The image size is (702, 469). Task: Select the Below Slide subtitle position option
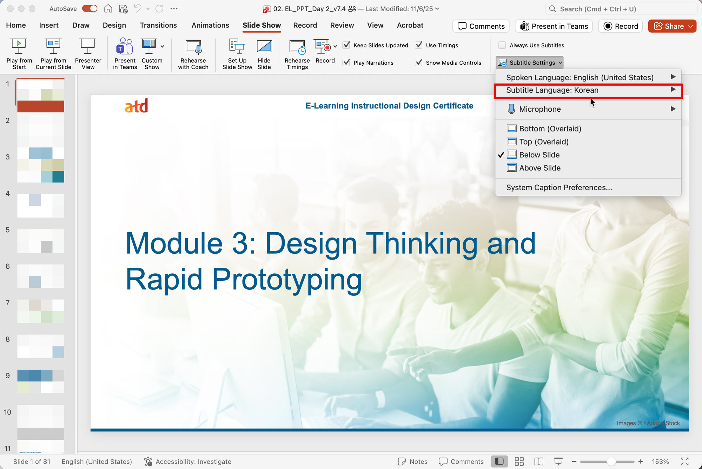pyautogui.click(x=539, y=155)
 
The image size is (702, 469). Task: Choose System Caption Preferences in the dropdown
pyautogui.click(x=559, y=188)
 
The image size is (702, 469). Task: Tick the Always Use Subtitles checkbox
pyautogui.click(x=502, y=45)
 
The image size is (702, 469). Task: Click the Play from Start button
pyautogui.click(x=19, y=54)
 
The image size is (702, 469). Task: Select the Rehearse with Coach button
pyautogui.click(x=193, y=54)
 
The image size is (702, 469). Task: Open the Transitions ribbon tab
pyautogui.click(x=158, y=25)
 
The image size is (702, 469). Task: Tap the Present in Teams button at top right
pyautogui.click(x=554, y=26)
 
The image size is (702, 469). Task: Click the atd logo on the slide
pyautogui.click(x=136, y=106)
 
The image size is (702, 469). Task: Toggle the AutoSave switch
pyautogui.click(x=90, y=9)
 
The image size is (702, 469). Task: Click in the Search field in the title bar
pyautogui.click(x=621, y=9)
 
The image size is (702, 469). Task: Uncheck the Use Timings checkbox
pyautogui.click(x=419, y=45)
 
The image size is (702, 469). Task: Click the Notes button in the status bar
pyautogui.click(x=413, y=462)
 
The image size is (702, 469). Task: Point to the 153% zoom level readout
pyautogui.click(x=660, y=462)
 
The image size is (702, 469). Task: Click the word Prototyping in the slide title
pyautogui.click(x=287, y=280)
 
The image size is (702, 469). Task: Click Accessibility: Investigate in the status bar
pyautogui.click(x=188, y=462)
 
